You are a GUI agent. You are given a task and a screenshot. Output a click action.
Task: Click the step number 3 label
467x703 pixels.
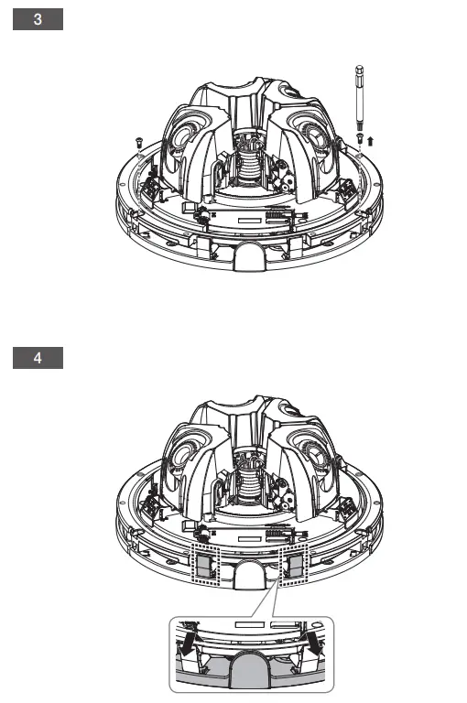point(38,19)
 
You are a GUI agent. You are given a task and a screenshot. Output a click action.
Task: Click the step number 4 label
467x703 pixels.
point(38,358)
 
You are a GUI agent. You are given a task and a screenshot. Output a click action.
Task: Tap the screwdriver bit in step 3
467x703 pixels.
point(359,99)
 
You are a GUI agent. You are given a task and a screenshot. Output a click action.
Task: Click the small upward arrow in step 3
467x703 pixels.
point(370,141)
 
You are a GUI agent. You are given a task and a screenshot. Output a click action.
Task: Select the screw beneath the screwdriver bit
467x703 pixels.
point(359,138)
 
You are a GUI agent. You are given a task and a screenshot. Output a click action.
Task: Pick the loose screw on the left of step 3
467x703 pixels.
point(138,142)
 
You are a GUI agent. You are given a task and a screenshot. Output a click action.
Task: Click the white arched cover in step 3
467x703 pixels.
point(250,255)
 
